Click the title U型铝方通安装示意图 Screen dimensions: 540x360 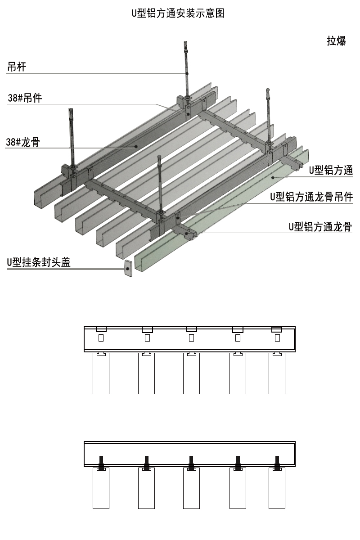coord(178,13)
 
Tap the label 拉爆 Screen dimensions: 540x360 coord(336,41)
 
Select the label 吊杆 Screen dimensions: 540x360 coord(17,67)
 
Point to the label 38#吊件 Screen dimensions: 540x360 coord(25,98)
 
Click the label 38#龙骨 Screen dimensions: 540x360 coord(22,143)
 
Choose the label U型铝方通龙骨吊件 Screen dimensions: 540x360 coord(311,197)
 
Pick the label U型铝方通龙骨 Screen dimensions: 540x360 coord(320,227)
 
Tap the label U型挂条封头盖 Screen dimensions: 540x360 coord(39,263)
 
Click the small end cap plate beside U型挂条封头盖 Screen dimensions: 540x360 coord(128,268)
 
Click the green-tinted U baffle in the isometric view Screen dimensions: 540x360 coord(234,211)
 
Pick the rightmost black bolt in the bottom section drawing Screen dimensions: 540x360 coord(277,462)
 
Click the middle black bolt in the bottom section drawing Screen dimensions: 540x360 coord(191,462)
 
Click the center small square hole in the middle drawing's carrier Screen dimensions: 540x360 coord(191,337)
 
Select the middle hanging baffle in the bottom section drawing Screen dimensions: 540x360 coord(191,488)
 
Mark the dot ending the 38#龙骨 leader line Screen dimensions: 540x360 coord(135,146)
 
